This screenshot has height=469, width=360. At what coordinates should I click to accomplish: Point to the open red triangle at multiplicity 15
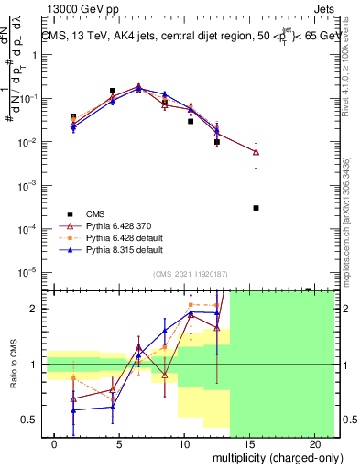256,151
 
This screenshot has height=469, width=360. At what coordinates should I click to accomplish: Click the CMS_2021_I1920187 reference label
190,273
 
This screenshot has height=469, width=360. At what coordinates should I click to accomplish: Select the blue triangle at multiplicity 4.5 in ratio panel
112,407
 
